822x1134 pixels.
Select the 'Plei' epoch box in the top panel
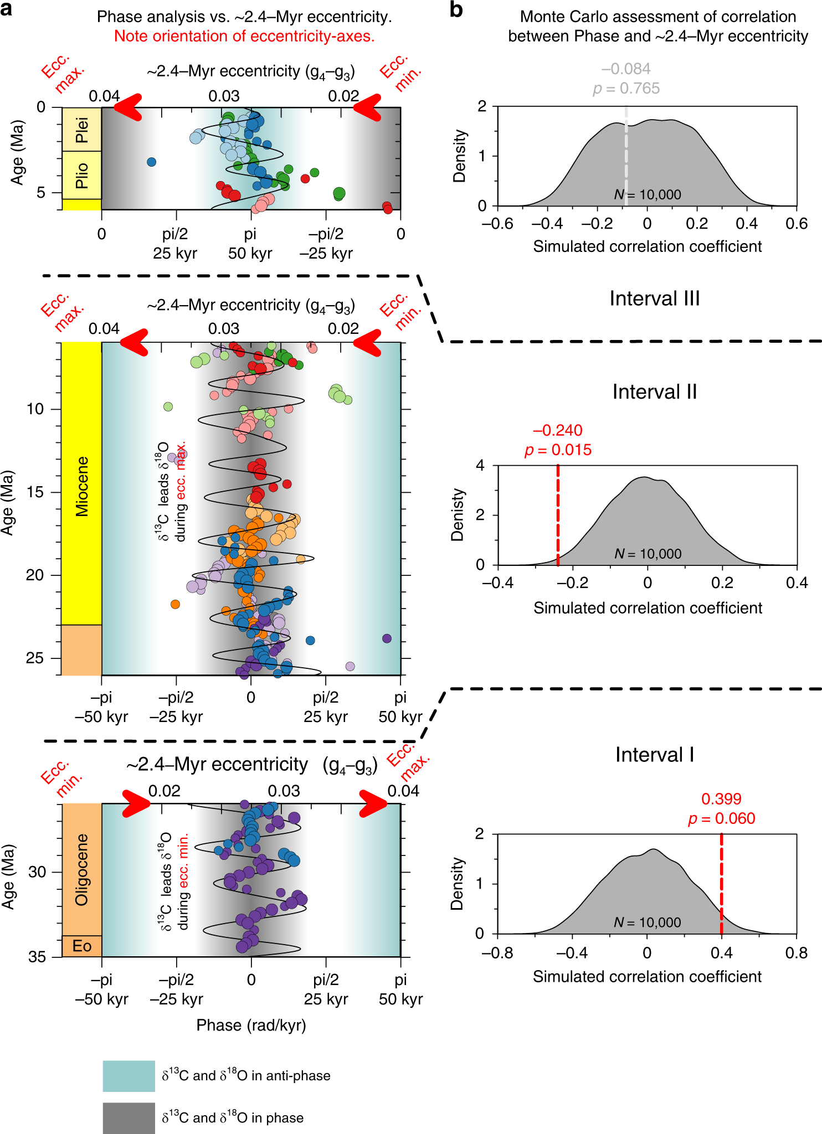(81, 130)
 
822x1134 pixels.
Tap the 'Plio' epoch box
(81, 175)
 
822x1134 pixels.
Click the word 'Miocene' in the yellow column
(81, 486)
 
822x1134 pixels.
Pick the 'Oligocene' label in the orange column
(81, 869)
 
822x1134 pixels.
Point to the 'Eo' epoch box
(81, 946)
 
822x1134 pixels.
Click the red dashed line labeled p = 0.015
(558, 515)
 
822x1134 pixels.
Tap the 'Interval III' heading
(655, 298)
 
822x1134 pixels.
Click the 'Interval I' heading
(655, 755)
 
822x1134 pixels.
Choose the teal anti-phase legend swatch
(129, 1076)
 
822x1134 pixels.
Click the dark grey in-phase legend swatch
(129, 1118)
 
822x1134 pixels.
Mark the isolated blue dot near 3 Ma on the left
(151, 162)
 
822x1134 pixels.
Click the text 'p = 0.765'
(626, 89)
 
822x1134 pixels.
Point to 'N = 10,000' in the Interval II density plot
(648, 554)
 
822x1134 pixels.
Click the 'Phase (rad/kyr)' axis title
(251, 1025)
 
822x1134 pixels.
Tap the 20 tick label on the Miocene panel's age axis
(35, 575)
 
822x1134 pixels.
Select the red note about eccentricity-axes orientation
(244, 37)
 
